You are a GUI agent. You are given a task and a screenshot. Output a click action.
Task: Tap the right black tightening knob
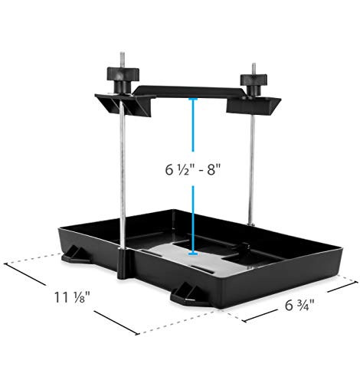pyautogui.click(x=250, y=81)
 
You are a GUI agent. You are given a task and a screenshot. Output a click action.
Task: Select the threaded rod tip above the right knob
pyautogui.click(x=250, y=64)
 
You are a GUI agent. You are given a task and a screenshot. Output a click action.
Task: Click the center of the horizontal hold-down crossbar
pyautogui.click(x=188, y=91)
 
